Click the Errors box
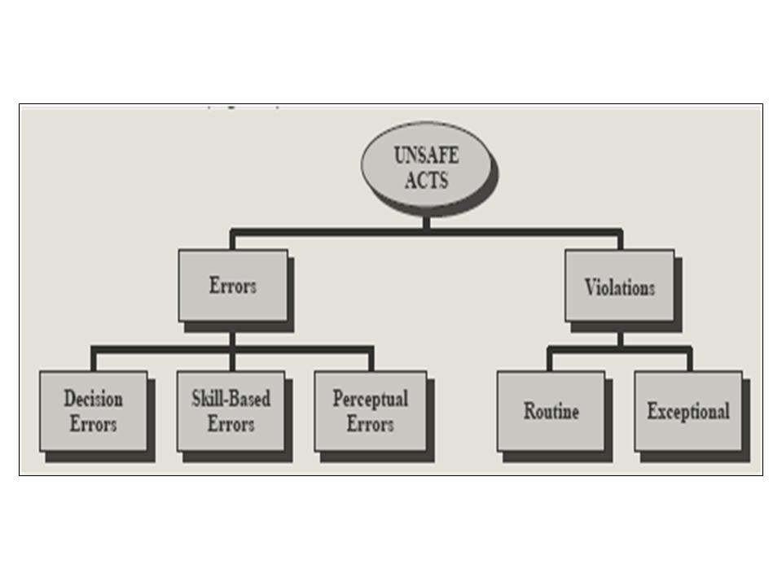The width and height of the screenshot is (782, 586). [232, 285]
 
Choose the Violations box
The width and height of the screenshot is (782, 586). [619, 286]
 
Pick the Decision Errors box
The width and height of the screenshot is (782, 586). [93, 410]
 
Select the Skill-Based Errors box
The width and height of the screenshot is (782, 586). [231, 410]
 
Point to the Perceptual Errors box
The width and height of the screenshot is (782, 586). [370, 410]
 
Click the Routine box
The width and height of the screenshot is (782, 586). [551, 410]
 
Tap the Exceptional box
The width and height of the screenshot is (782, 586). [688, 410]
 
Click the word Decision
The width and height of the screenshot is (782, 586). [93, 399]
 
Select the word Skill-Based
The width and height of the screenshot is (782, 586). [231, 399]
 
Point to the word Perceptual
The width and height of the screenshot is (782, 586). [370, 399]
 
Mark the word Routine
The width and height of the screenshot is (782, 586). [551, 411]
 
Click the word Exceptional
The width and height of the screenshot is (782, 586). [688, 411]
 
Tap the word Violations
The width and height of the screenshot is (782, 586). [619, 287]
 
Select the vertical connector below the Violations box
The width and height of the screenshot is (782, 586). [619, 336]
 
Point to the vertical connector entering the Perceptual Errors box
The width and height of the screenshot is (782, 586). [371, 361]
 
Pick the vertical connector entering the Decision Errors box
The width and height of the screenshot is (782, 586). [94, 361]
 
